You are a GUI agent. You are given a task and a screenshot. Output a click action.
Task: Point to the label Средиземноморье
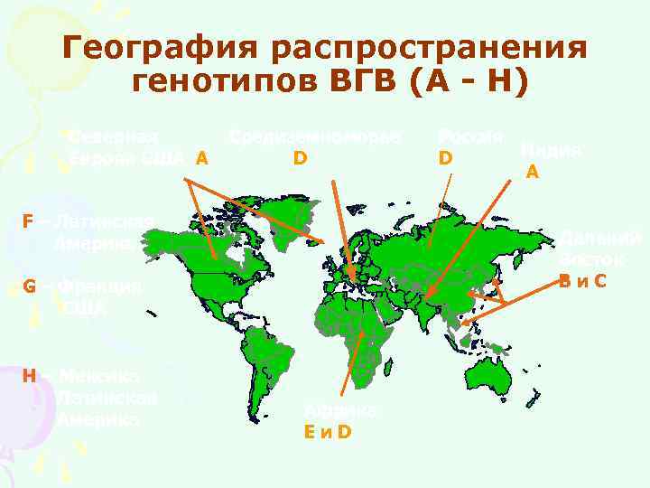point(314,136)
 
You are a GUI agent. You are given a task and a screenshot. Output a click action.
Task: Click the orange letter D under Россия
point(445,159)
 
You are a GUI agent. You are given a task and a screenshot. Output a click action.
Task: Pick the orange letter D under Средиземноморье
point(300,159)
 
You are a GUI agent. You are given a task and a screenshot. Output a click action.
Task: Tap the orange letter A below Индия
point(534,171)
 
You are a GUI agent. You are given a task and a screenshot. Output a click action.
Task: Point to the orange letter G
point(30,286)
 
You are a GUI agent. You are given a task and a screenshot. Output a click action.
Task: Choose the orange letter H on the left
point(30,375)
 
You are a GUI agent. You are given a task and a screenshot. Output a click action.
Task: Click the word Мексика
point(105,375)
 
